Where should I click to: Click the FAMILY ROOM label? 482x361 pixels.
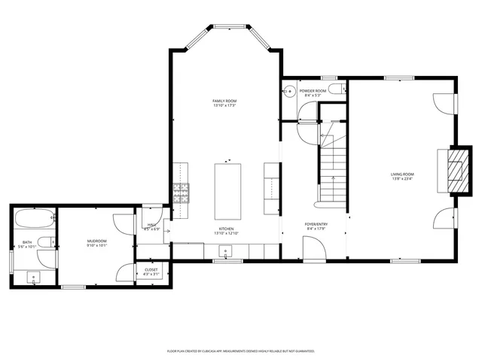coord(224,101)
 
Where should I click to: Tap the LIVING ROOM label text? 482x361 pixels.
coord(402,174)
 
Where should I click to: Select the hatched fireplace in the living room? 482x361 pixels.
coord(454,171)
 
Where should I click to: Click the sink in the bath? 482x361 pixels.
coord(35,277)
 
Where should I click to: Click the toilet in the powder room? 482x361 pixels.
coord(344,89)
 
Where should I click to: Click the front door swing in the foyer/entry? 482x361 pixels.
coord(312,247)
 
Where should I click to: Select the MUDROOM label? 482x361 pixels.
coord(96,241)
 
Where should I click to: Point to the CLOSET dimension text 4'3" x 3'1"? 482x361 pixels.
coord(150,273)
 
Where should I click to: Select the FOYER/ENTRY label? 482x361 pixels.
coord(316,223)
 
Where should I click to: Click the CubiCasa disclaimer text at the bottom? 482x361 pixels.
coord(240,350)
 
